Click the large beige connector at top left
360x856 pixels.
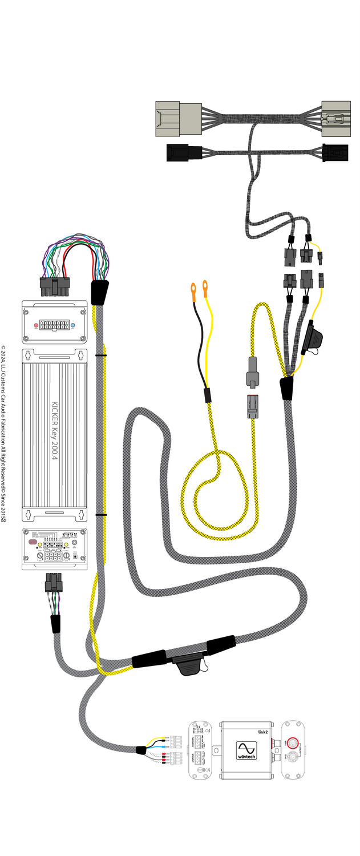click(x=178, y=119)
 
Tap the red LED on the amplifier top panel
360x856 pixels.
click(x=36, y=327)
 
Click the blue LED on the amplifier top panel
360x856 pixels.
click(x=73, y=327)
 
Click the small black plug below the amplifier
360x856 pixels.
click(x=54, y=583)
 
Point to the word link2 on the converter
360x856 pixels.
click(x=262, y=730)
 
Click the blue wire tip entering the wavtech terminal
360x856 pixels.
click(x=166, y=746)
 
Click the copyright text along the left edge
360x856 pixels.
click(x=3, y=434)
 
